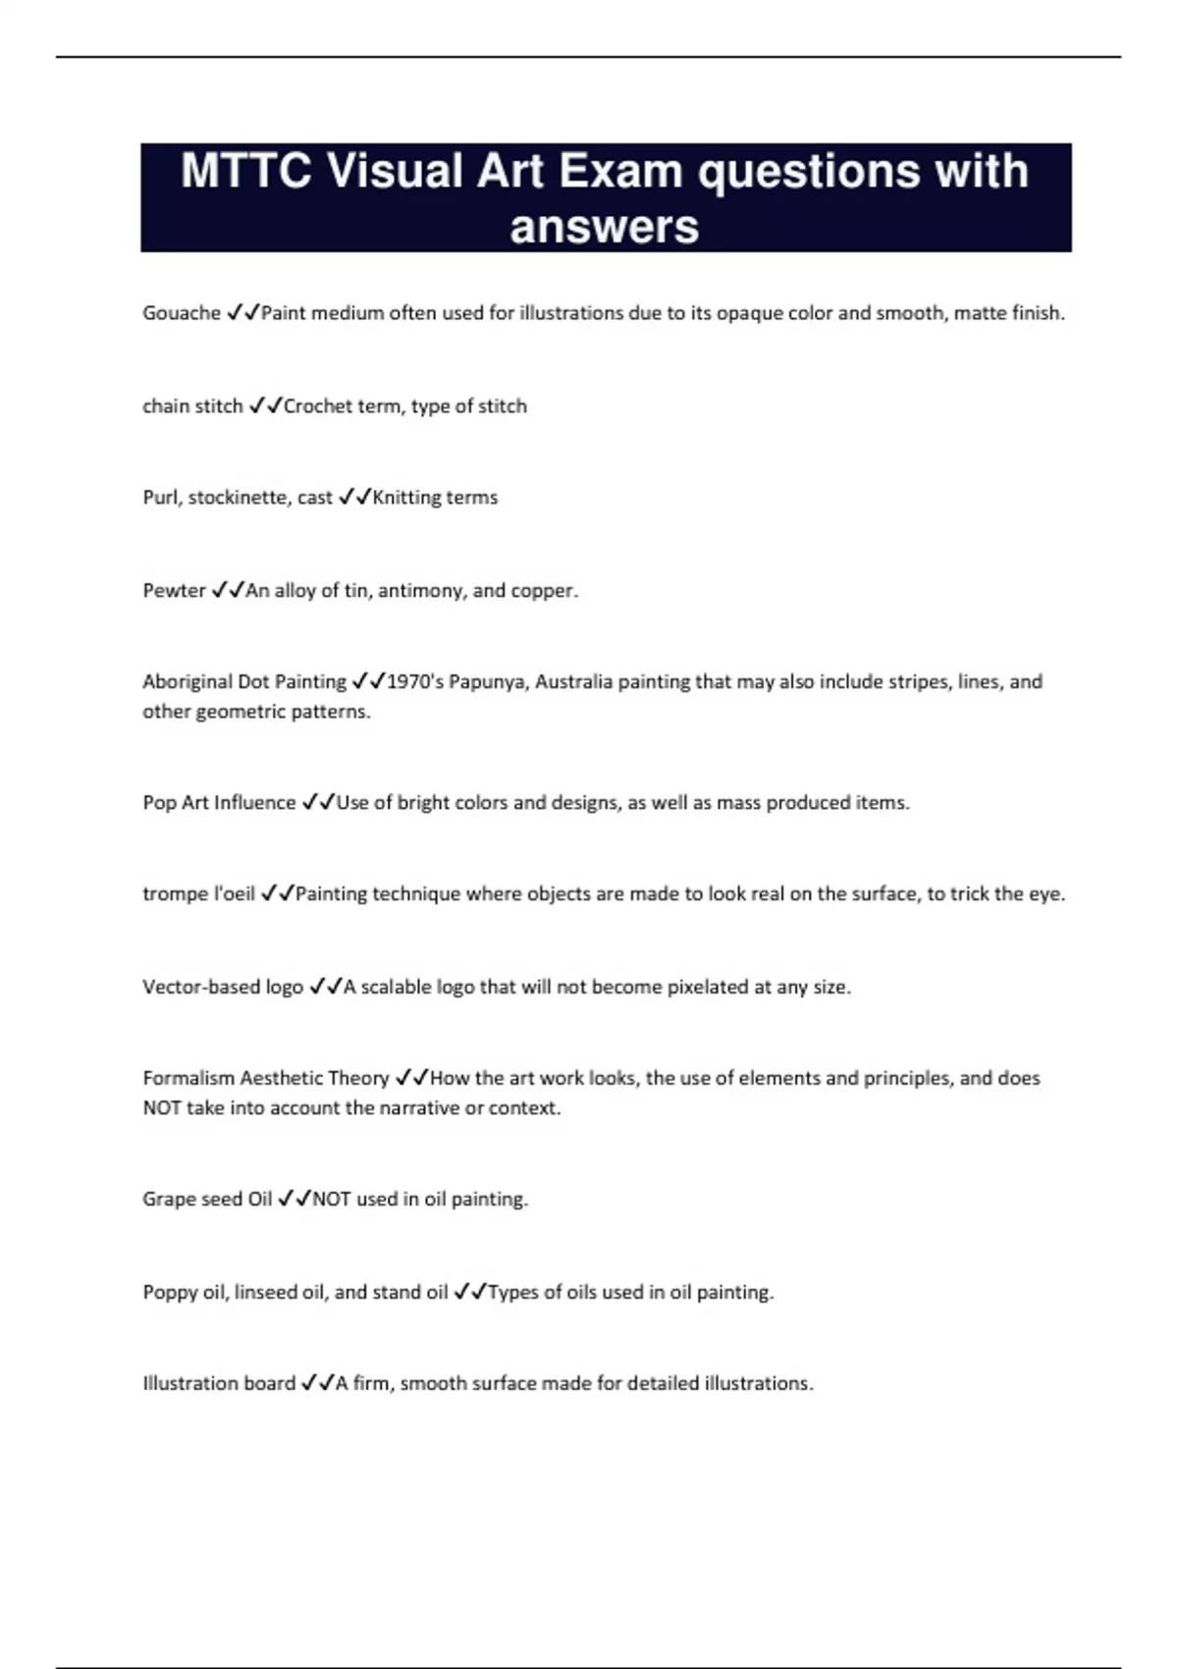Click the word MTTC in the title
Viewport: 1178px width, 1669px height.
click(246, 171)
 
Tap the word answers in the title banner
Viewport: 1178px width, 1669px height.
click(604, 227)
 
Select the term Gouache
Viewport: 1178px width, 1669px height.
click(182, 313)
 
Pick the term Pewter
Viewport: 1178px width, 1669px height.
click(174, 590)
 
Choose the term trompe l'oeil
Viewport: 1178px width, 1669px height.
click(198, 893)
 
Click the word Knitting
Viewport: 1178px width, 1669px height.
click(406, 498)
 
